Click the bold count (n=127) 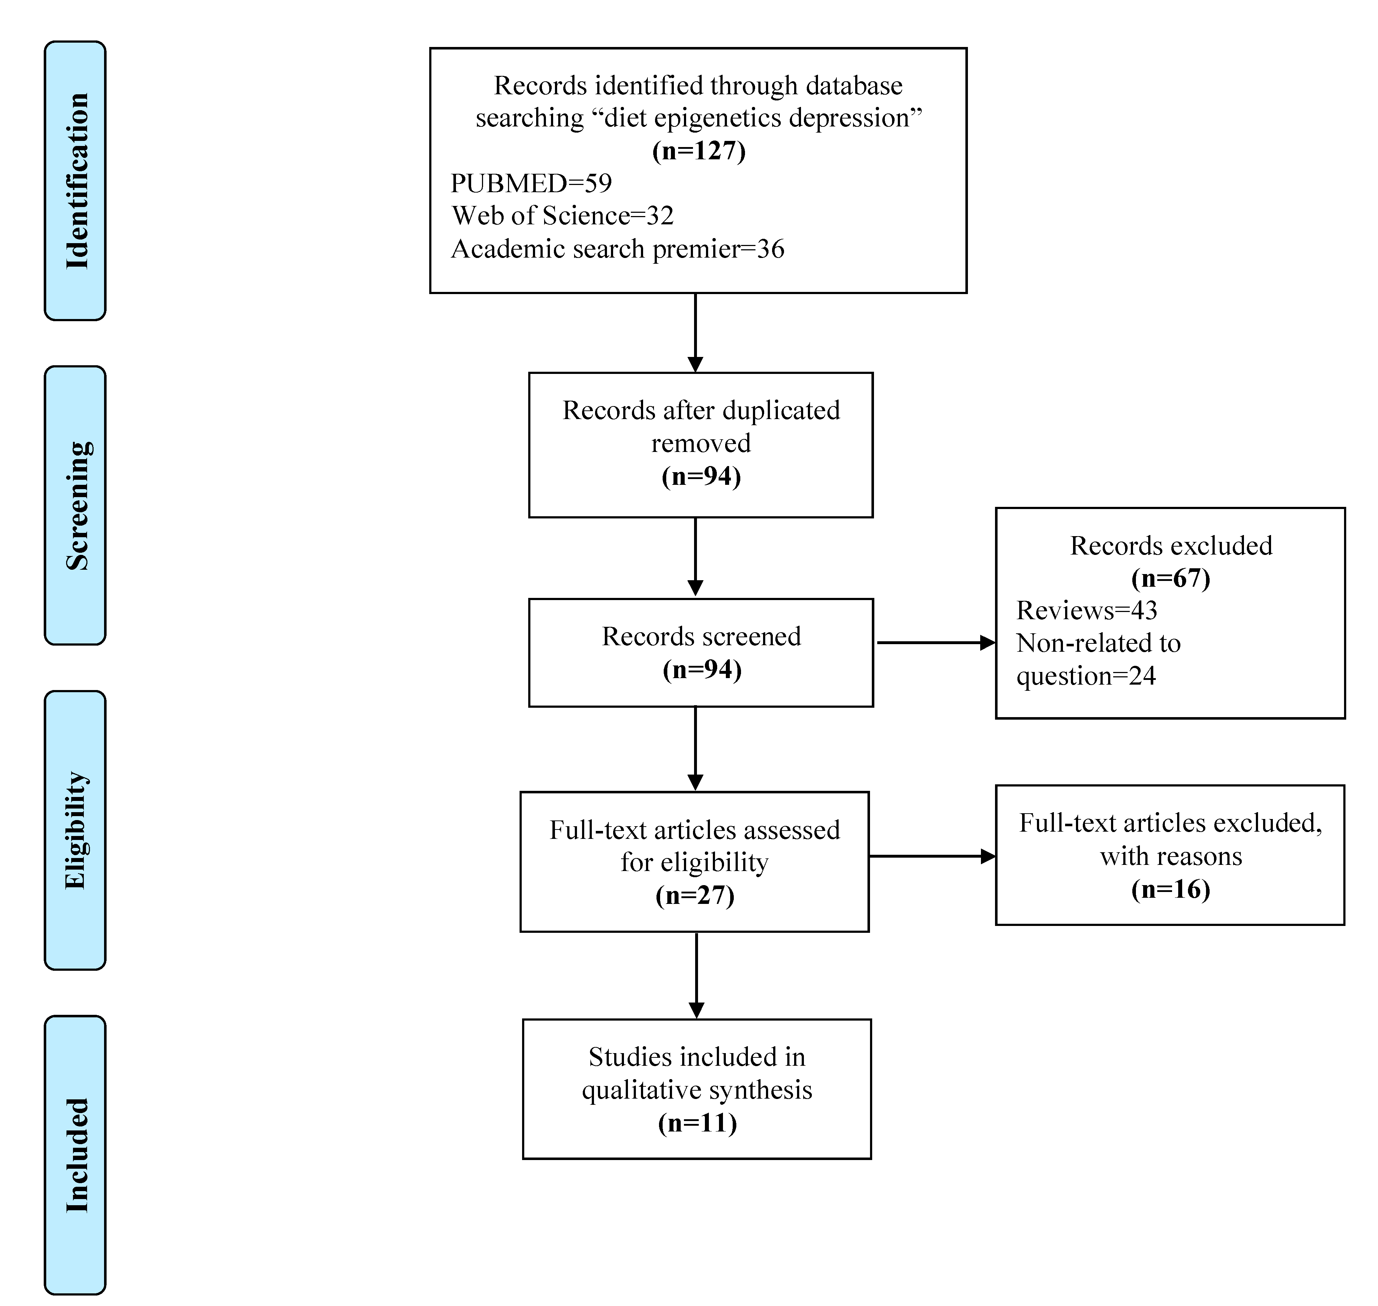[698, 150]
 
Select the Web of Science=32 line [563, 216]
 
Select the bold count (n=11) [697, 1123]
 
